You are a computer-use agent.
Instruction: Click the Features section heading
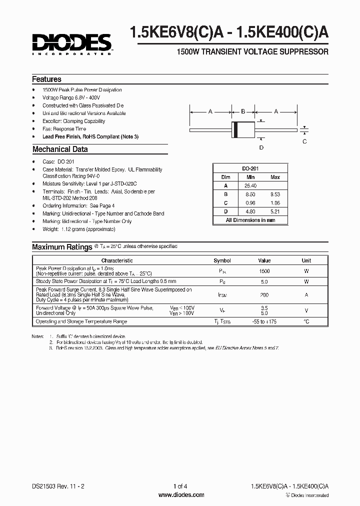click(x=46, y=79)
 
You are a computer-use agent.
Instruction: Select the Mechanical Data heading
click(x=60, y=149)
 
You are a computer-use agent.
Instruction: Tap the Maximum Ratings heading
click(x=62, y=247)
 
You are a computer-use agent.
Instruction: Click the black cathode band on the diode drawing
click(x=235, y=129)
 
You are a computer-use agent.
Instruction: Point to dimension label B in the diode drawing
click(x=243, y=111)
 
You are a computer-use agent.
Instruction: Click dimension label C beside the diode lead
click(x=304, y=141)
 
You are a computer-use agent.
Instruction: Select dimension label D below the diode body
click(x=261, y=147)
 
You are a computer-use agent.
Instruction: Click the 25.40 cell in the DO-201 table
click(x=250, y=185)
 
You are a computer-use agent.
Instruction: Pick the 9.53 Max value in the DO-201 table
click(x=275, y=193)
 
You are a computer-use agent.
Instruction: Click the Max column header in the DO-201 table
click(x=275, y=177)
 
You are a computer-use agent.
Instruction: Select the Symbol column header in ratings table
click(x=222, y=260)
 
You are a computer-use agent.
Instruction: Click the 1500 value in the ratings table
click(x=264, y=271)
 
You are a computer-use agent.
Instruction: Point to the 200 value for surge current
click(x=264, y=295)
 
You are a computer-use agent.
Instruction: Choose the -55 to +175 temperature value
click(x=264, y=321)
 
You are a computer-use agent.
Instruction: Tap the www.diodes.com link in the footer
click(x=181, y=495)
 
